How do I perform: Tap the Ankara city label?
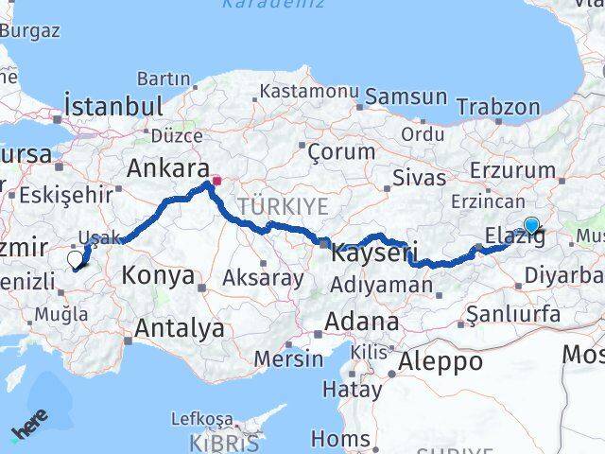167,168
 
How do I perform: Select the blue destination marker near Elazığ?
532,225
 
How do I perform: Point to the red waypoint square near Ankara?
216,180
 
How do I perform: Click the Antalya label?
181,328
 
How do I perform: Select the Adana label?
361,322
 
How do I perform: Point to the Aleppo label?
441,360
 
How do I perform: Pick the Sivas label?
420,178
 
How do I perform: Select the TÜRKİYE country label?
283,206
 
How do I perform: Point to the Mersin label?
288,358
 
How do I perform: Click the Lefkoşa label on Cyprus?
201,417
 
